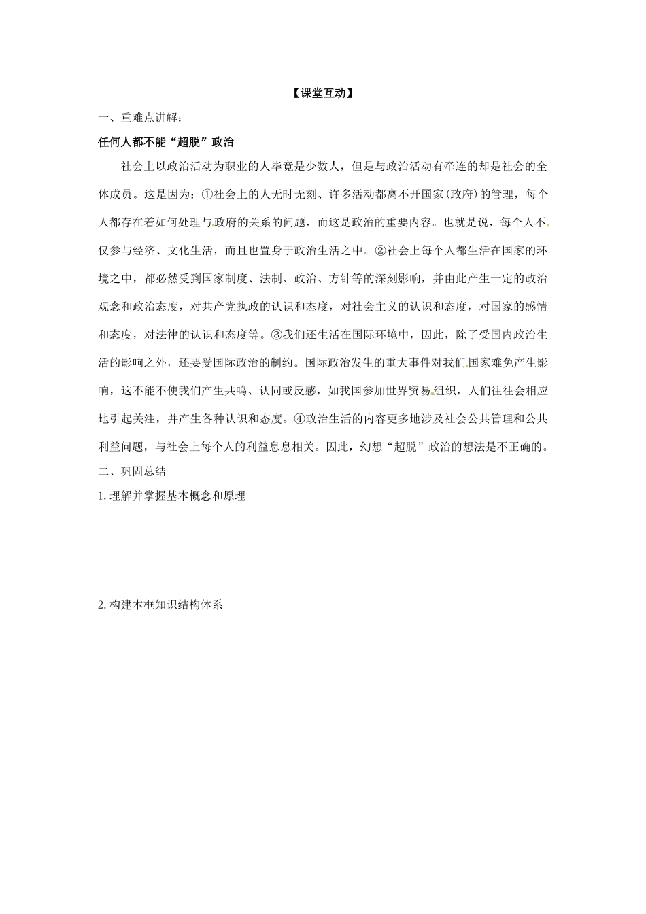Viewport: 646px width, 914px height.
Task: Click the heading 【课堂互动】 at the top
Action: (x=323, y=94)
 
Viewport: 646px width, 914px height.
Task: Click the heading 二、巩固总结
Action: (x=132, y=471)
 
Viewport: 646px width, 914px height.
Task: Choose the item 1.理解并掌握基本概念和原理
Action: (x=171, y=496)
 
